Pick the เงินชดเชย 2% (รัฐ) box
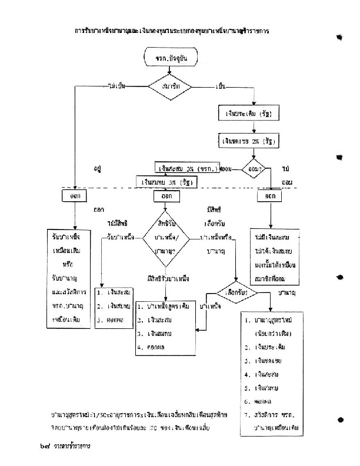click(247, 141)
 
